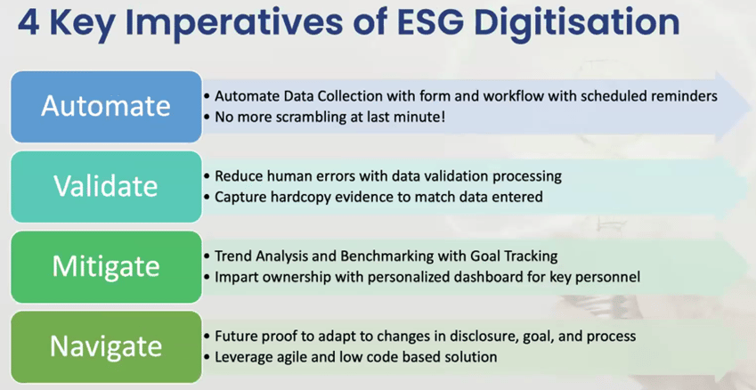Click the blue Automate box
pos(106,107)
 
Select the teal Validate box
pos(106,187)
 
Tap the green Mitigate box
pos(106,266)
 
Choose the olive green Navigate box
pos(106,346)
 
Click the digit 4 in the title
pos(28,23)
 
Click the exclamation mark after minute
pos(443,117)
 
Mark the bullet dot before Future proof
pos(207,337)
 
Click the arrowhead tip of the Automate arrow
pos(751,107)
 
